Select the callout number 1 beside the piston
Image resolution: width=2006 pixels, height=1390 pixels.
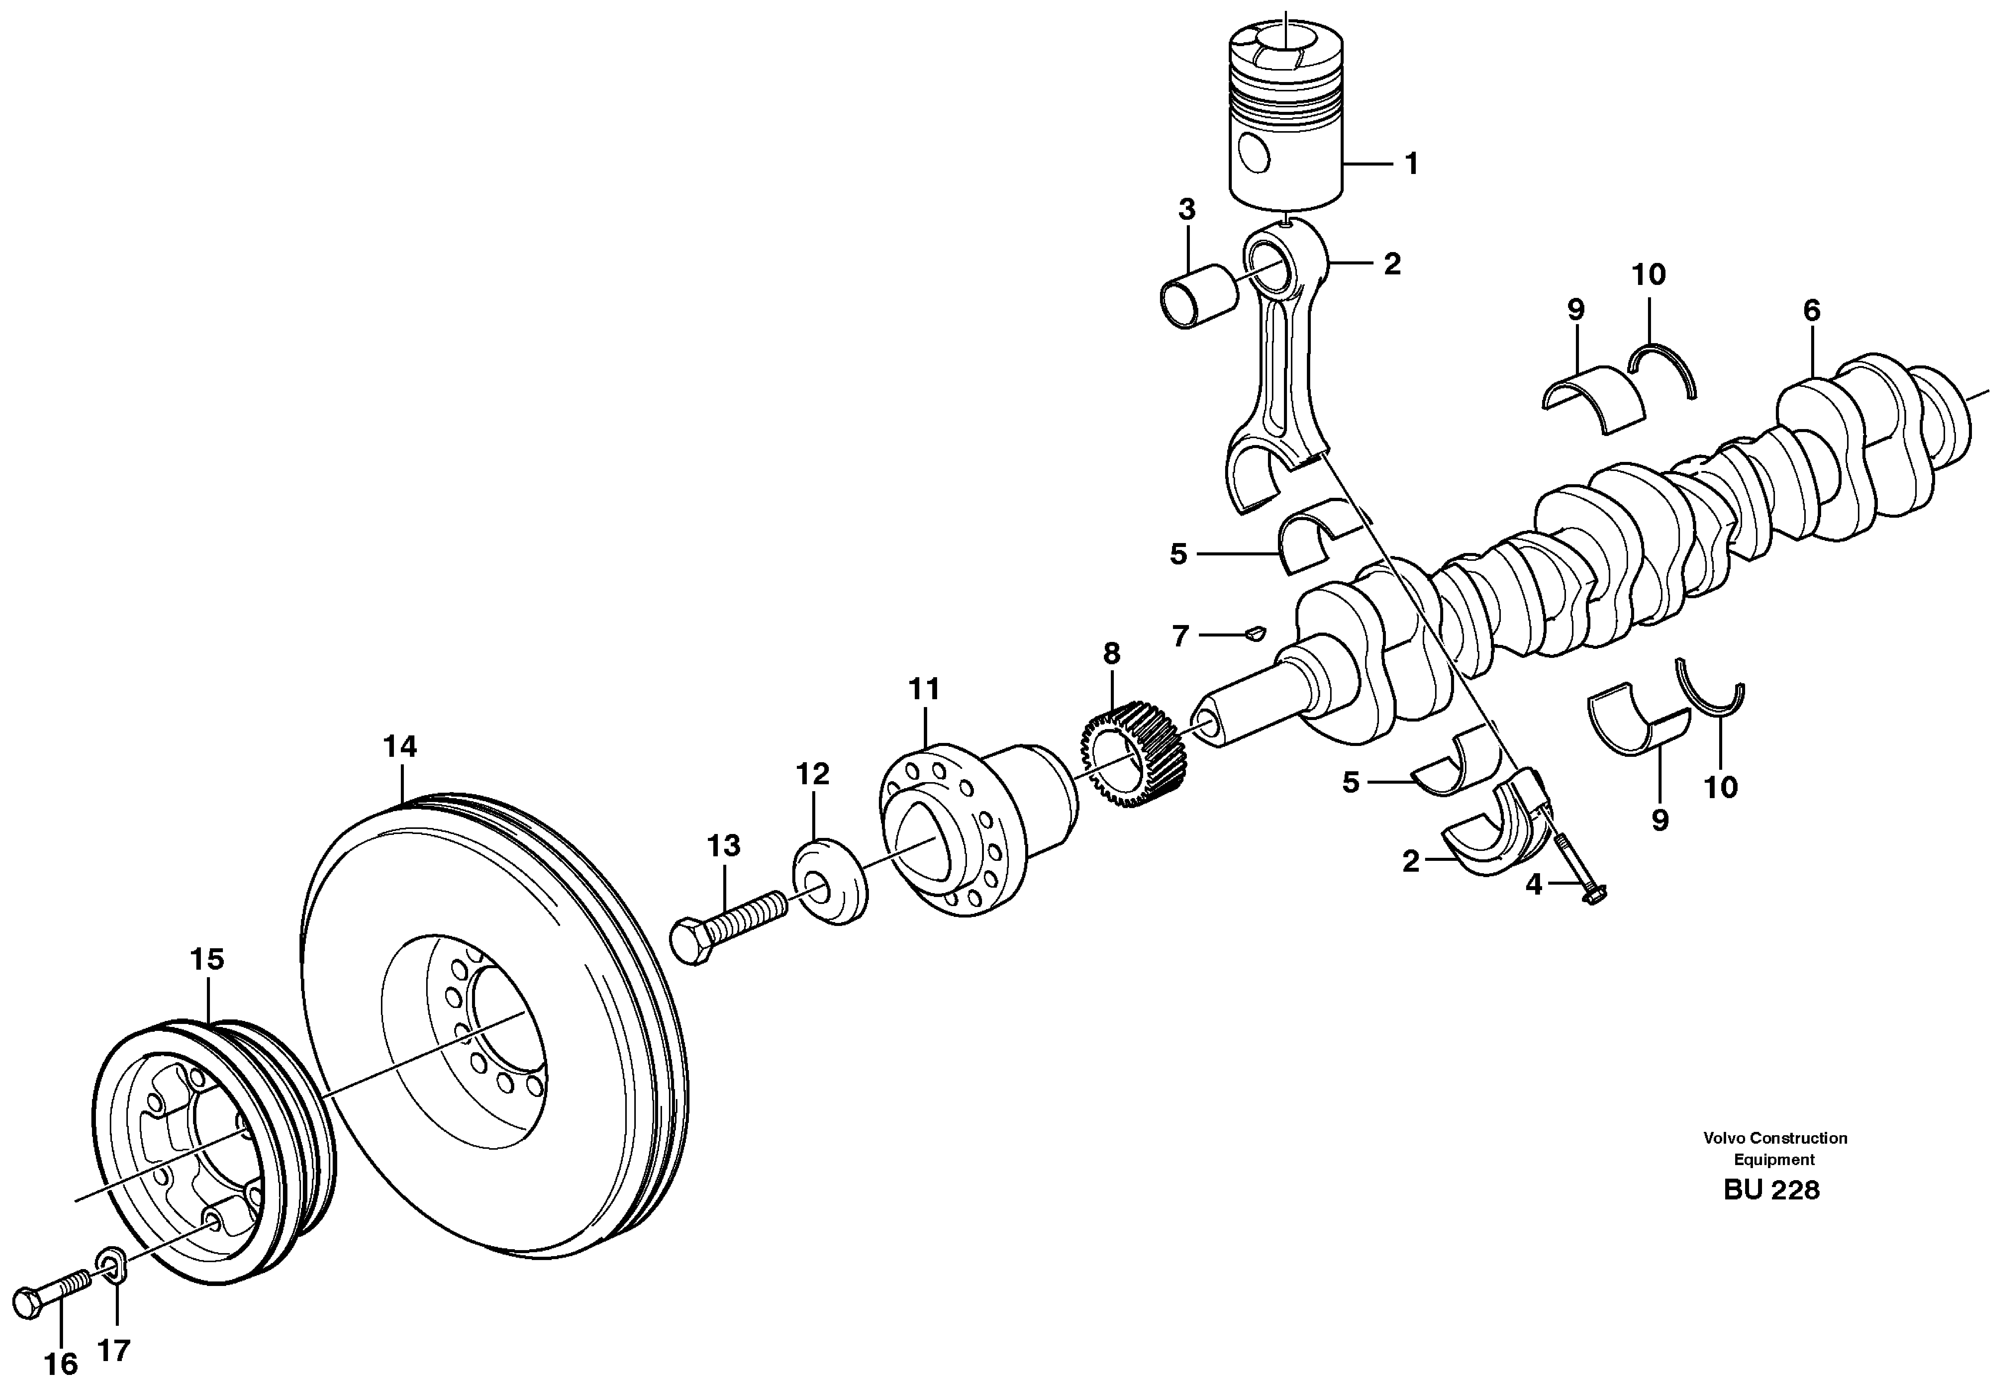[1412, 164]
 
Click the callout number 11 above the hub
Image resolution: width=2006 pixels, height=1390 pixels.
[924, 689]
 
